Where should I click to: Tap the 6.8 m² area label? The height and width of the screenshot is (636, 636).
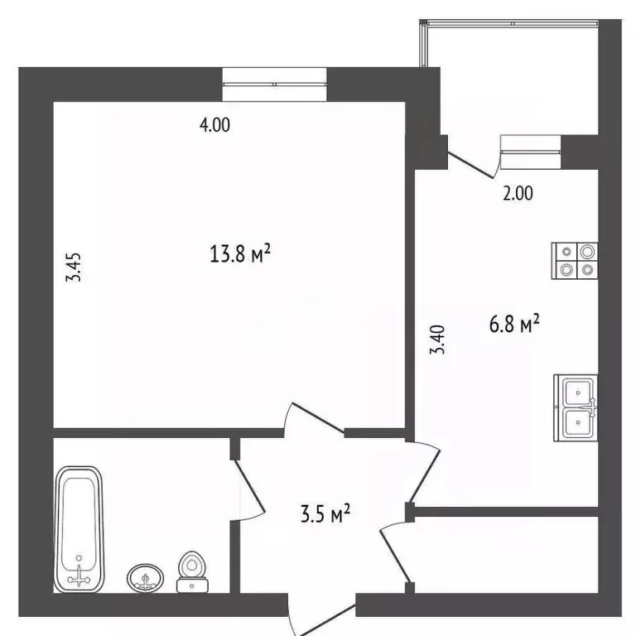513,325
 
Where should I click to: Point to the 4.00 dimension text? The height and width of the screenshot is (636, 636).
214,125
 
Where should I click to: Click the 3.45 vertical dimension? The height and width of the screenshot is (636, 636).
75,268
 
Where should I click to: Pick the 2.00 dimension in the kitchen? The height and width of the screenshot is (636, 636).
518,194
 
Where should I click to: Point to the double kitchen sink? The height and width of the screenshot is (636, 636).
576,407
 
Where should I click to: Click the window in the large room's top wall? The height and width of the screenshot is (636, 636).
274,84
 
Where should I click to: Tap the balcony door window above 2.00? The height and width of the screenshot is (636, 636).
530,146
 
